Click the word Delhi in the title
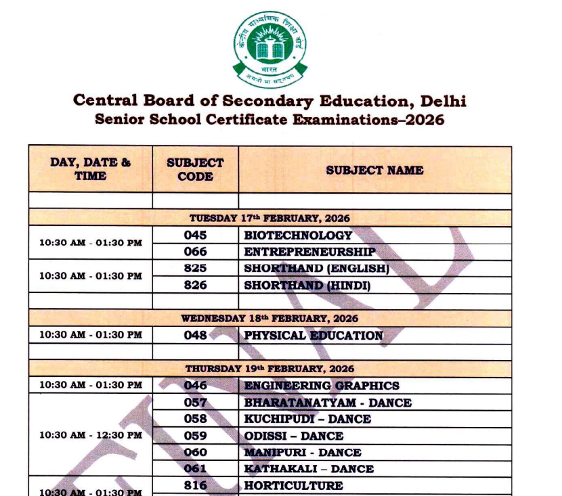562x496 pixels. [x=444, y=101]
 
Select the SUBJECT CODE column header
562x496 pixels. [x=195, y=170]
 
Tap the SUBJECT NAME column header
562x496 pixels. [x=374, y=170]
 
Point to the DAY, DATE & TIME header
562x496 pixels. [x=90, y=169]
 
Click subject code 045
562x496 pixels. [x=195, y=235]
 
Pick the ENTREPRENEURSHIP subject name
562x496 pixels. [x=309, y=252]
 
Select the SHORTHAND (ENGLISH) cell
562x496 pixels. [x=316, y=269]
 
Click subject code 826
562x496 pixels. [x=195, y=285]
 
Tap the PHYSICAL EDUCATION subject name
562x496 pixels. [x=314, y=335]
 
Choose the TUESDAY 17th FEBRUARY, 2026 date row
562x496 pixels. [x=269, y=219]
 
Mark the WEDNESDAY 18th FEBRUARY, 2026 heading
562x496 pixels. [x=269, y=318]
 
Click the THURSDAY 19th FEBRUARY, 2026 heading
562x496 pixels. [x=269, y=369]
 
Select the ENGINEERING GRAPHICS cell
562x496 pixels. [x=322, y=386]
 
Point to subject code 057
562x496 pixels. [x=195, y=403]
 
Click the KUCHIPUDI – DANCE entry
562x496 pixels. [x=307, y=419]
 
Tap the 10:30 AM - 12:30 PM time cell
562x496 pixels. [x=90, y=435]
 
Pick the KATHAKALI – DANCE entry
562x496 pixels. [x=309, y=468]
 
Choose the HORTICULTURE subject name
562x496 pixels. [x=293, y=485]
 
